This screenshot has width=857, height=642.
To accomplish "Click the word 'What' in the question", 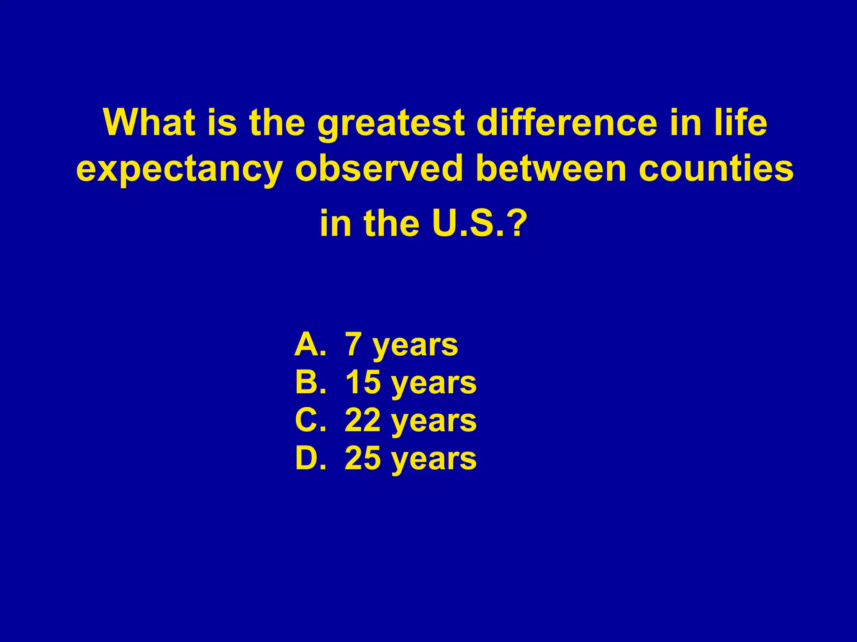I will point(149,122).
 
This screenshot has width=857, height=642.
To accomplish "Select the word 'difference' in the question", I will point(567,122).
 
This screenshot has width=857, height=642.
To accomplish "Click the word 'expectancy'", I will point(179,170).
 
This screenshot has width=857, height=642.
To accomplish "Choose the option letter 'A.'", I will point(310,345).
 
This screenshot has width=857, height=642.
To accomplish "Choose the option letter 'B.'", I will point(310,382).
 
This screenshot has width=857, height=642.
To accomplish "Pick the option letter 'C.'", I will point(310,420).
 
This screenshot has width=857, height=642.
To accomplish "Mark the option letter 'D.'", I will point(310,459).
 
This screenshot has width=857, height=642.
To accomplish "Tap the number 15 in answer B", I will point(362,382).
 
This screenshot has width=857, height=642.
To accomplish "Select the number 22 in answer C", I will point(362,420).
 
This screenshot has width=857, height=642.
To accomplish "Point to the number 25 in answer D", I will point(362,459).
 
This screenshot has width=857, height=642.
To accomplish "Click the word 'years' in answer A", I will point(415,347).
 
